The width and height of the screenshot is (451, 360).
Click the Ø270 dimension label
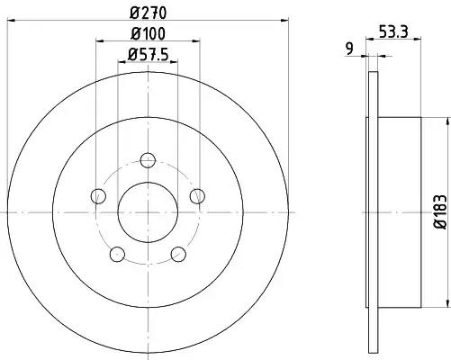click(x=148, y=13)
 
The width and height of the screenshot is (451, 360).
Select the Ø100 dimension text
click(x=148, y=33)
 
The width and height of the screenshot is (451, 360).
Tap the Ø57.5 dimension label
click(x=148, y=55)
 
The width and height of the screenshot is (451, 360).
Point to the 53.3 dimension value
click(x=393, y=31)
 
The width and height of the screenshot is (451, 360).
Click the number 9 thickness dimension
click(x=350, y=49)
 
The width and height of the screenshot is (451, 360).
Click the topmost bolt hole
click(x=148, y=160)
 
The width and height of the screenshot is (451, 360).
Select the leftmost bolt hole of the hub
click(x=98, y=196)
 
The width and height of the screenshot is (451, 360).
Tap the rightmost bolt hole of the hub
click(x=197, y=196)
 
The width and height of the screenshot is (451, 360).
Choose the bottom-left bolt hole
click(x=117, y=255)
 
